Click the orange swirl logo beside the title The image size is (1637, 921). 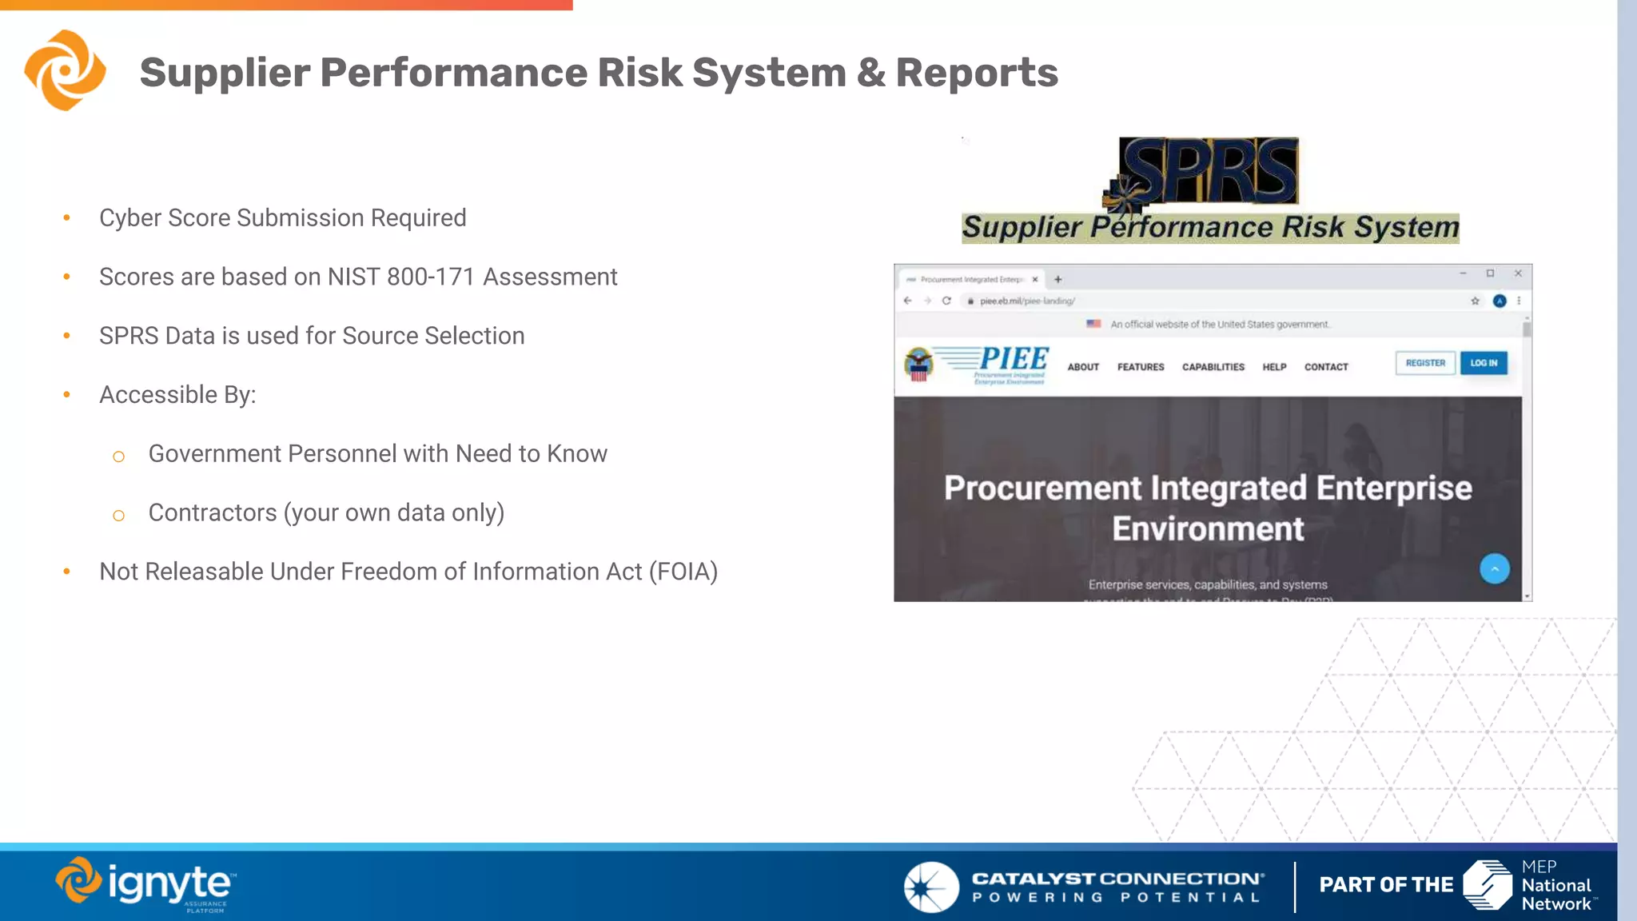point(65,70)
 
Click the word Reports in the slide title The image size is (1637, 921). point(977,73)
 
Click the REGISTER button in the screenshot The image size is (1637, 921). point(1424,363)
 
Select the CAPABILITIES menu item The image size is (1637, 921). point(1213,367)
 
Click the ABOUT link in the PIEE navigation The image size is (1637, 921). point(1083,367)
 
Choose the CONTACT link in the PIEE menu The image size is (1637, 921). point(1325,367)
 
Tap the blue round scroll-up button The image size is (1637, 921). point(1494,568)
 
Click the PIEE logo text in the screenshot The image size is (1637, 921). point(1013,359)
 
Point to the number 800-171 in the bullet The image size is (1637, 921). point(431,277)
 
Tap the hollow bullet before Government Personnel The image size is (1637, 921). point(119,457)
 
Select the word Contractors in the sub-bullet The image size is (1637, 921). point(213,512)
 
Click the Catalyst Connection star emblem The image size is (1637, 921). point(930,887)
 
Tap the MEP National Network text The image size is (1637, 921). point(1555,886)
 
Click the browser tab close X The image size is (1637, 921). point(1034,280)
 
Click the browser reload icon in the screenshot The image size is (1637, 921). point(946,301)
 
